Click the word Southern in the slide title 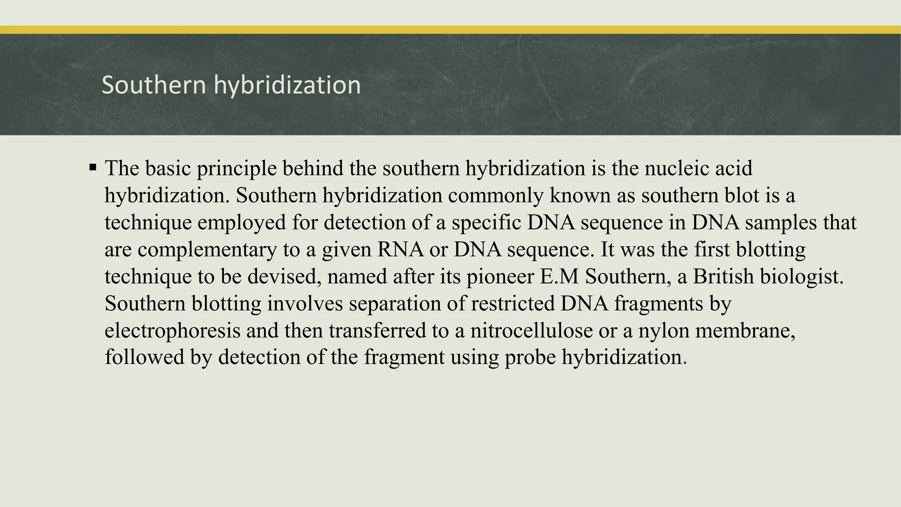154,85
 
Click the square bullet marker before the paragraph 92,168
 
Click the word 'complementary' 207,250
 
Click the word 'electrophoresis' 172,331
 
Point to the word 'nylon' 664,331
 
